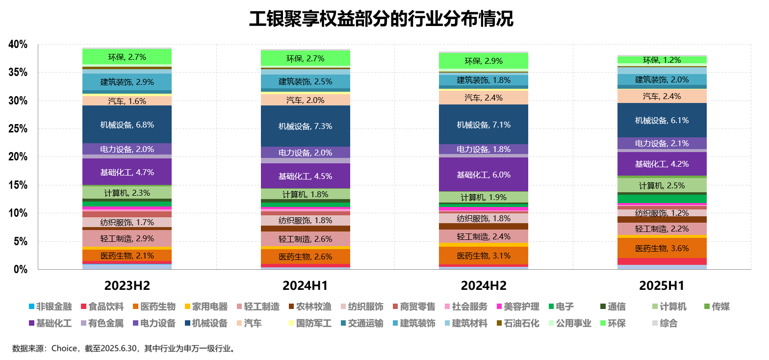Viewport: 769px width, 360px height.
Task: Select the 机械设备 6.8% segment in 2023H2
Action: point(127,125)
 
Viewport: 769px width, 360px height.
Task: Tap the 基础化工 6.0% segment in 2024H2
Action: point(484,175)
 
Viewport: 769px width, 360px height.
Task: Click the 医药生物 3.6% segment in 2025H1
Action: point(662,248)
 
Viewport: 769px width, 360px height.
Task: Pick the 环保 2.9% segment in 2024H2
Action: point(484,61)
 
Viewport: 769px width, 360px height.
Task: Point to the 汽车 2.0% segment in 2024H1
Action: point(305,100)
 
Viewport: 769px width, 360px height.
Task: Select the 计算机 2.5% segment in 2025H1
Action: point(662,185)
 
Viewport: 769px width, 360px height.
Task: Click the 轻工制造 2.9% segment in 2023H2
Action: point(127,239)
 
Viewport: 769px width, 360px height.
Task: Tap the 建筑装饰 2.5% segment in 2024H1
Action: point(305,81)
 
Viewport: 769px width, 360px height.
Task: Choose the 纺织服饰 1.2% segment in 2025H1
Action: point(662,213)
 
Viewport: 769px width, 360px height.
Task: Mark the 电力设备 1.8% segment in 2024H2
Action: point(484,149)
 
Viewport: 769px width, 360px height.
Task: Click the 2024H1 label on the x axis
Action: point(305,286)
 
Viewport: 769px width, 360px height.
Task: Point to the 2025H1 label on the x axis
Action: point(662,286)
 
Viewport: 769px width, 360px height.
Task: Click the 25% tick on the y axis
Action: point(19,129)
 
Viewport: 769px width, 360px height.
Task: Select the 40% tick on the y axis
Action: point(19,45)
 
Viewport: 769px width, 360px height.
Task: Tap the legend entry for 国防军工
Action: point(314,323)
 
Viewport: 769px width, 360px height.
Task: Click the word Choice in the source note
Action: point(64,349)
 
